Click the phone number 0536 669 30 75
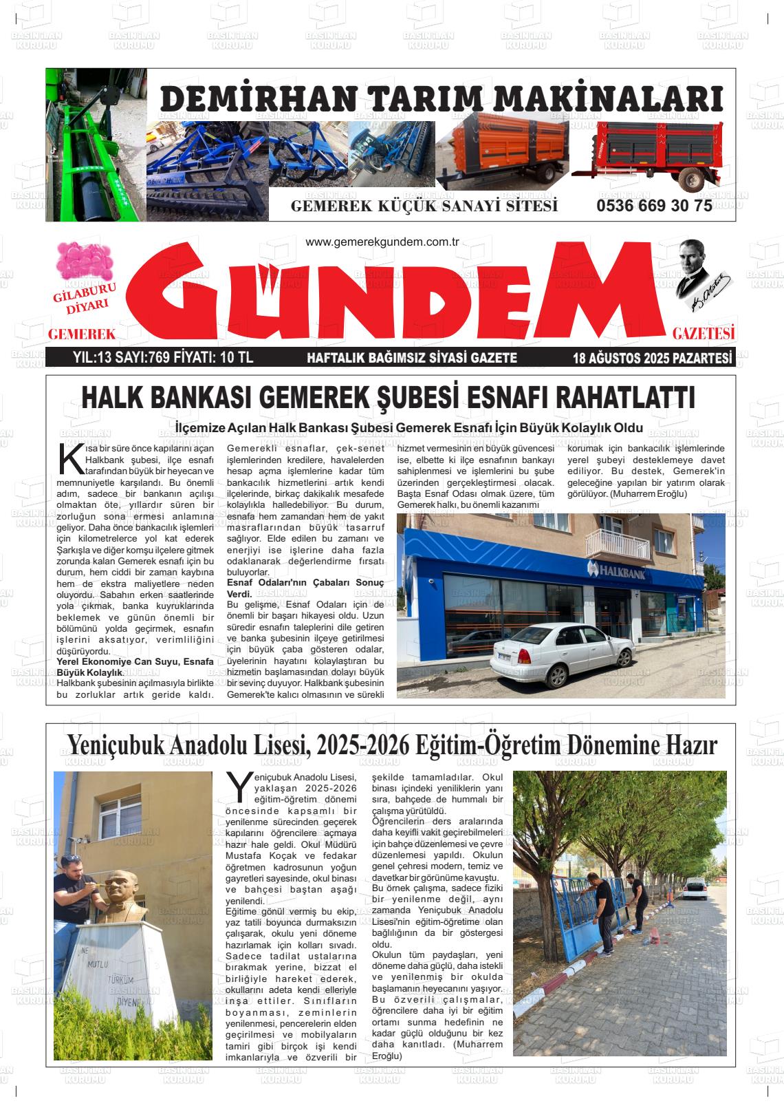654,206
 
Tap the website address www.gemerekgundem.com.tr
382,242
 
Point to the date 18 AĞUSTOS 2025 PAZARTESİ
652,358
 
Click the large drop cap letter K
70,460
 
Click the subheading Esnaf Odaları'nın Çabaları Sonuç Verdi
305,588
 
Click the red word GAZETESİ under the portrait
704,334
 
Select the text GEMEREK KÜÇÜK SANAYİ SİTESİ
424,206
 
